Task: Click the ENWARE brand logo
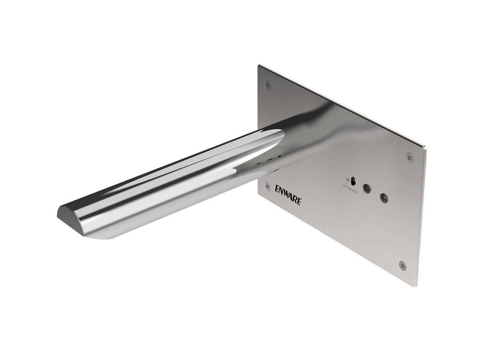click(288, 194)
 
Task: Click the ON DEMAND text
click(350, 189)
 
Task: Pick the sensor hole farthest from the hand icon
click(384, 197)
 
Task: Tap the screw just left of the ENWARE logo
click(268, 186)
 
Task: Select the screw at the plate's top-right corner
click(409, 157)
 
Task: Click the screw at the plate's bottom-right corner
click(402, 266)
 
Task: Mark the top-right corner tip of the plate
click(426, 148)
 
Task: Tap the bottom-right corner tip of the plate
click(417, 286)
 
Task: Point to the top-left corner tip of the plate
click(259, 65)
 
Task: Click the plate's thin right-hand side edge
click(422, 216)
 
